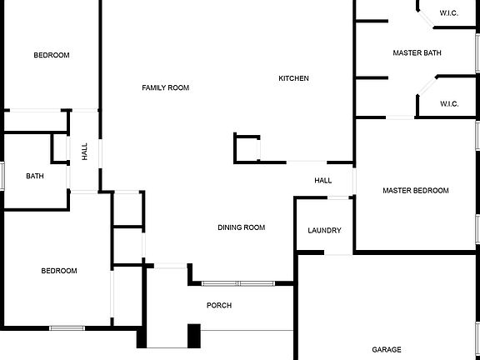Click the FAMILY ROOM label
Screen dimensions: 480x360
[x=166, y=87]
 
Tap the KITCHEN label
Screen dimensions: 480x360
[x=293, y=78]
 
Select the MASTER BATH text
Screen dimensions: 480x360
[x=417, y=53]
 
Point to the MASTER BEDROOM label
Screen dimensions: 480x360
[x=416, y=190]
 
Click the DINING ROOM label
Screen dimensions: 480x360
[x=241, y=227]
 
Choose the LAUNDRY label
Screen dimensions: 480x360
[x=324, y=230]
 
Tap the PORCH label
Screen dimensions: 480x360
[x=219, y=305]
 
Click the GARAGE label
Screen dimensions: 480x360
[x=387, y=349]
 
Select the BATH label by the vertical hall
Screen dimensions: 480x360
[x=35, y=176]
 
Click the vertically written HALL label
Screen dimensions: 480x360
[x=85, y=151]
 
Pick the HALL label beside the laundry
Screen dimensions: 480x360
[x=323, y=181]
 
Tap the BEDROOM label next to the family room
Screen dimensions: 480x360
[x=52, y=55]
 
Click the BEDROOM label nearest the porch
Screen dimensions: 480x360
[x=59, y=271]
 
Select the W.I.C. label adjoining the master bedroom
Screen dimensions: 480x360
[x=449, y=104]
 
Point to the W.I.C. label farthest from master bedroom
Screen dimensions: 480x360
[x=449, y=13]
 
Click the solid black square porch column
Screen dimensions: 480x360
[x=194, y=336]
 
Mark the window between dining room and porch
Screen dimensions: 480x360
[x=238, y=283]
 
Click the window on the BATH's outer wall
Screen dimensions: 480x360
[x=2, y=176]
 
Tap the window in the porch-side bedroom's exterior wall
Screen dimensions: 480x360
[x=67, y=328]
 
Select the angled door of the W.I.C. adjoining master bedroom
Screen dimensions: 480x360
[x=427, y=86]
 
